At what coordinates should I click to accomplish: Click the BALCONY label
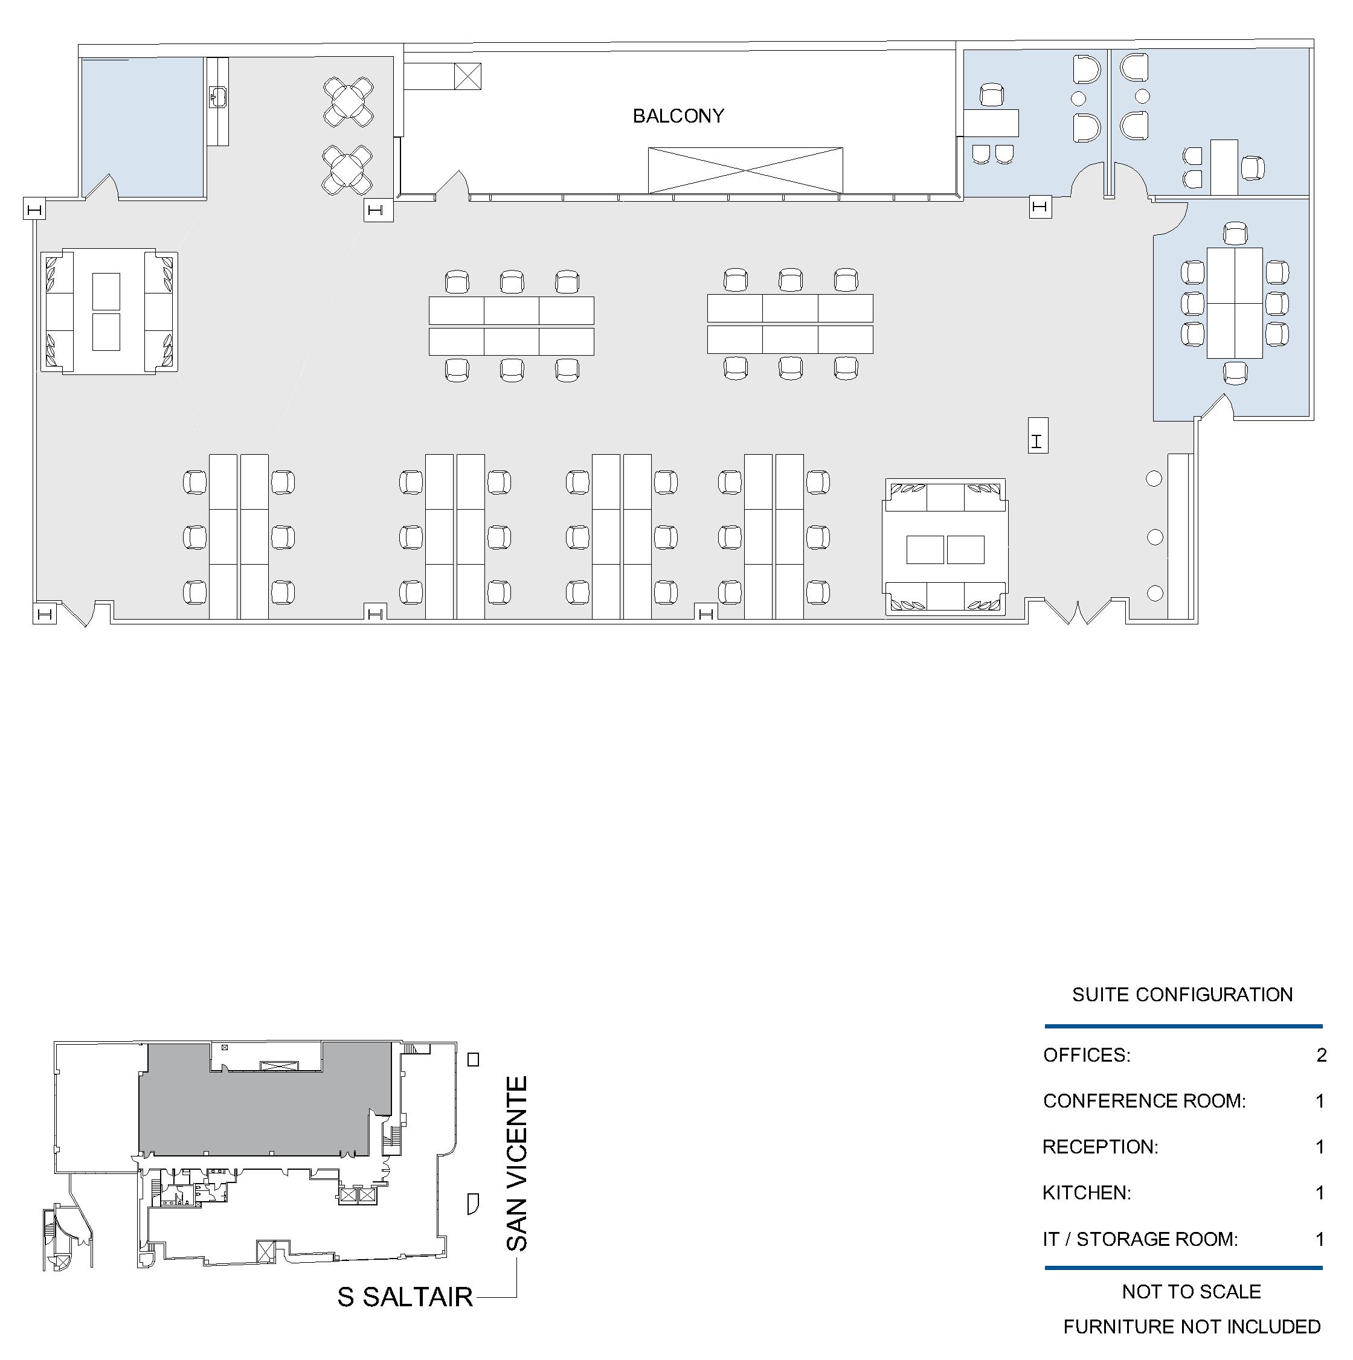pos(678,116)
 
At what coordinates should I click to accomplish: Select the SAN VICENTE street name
pos(516,1164)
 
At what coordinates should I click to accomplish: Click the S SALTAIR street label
pos(405,1297)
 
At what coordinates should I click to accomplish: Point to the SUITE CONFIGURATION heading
pos(1182,995)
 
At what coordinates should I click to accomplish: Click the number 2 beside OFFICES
pos(1322,1055)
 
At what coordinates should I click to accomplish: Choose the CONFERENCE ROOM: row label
pos(1144,1101)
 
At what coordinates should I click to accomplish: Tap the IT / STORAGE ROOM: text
pos(1140,1239)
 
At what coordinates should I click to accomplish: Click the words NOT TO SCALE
pos(1191,1292)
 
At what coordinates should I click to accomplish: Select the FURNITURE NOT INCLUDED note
pos(1191,1327)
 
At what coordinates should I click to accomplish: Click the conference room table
pos(1235,303)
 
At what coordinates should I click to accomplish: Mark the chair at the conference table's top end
pos(1235,234)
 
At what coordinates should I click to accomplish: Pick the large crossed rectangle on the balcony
pos(745,170)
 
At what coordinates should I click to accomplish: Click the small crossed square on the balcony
pos(468,76)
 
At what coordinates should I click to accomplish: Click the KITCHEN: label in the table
pos(1086,1193)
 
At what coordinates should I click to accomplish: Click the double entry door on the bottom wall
pos(1077,611)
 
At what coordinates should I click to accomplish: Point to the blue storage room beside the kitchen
pos(143,127)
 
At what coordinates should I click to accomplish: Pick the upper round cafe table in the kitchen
pos(348,102)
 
